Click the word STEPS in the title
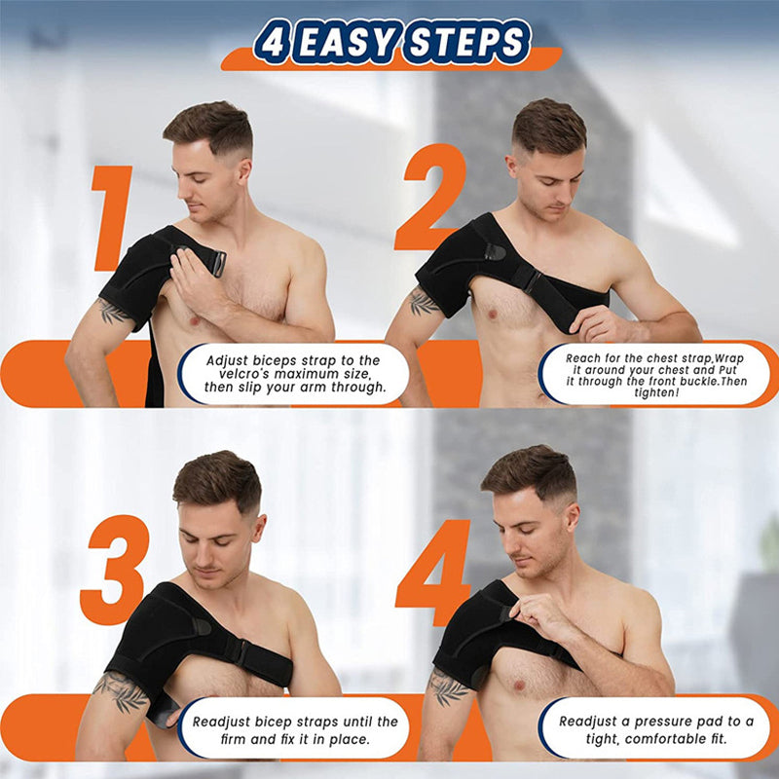pos(465,43)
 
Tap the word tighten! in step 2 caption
pos(655,391)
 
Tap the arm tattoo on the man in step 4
pos(447,687)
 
